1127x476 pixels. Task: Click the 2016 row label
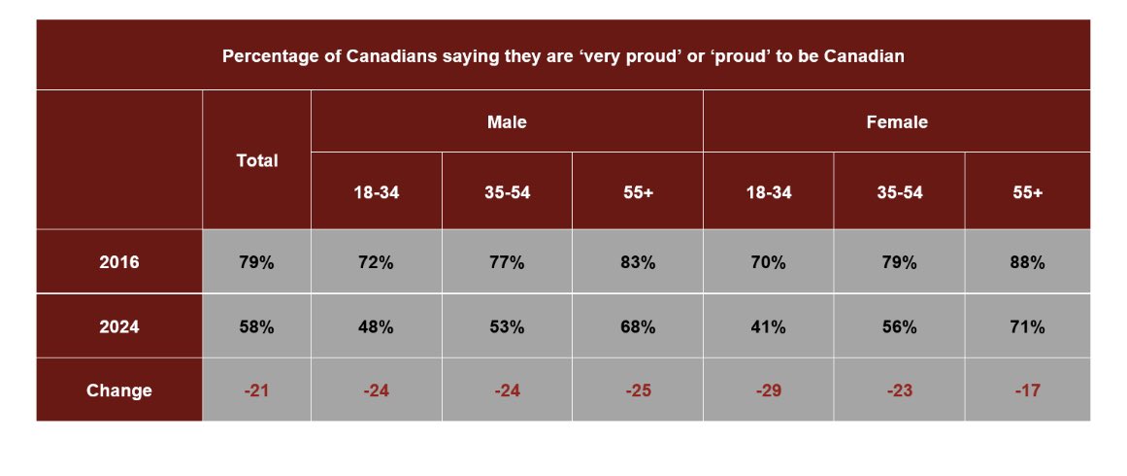(x=119, y=262)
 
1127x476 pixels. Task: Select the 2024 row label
(x=119, y=327)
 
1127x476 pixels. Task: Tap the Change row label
(x=119, y=391)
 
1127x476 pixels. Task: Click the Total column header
(x=257, y=160)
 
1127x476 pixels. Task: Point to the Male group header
(x=507, y=122)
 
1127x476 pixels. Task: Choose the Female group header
(x=896, y=122)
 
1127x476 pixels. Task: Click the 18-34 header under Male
(x=377, y=192)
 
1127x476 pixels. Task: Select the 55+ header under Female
(x=1027, y=192)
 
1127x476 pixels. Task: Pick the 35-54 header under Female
(x=899, y=192)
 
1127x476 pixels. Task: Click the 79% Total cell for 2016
(x=257, y=262)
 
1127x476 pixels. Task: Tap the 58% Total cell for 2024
(x=257, y=327)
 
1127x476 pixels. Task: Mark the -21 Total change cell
(x=257, y=391)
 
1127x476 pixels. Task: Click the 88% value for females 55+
(x=1027, y=262)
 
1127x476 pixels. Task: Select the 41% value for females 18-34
(x=768, y=327)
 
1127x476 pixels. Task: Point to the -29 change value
(x=768, y=391)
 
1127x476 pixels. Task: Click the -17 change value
(x=1027, y=391)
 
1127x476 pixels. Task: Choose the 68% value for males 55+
(x=638, y=327)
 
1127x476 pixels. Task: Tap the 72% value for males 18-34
(x=377, y=262)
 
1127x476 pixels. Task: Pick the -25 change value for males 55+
(x=638, y=391)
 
